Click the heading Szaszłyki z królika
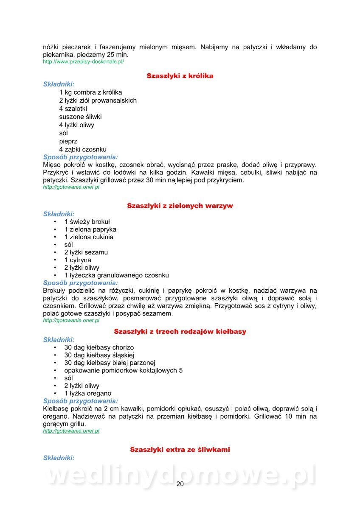tap(180, 76)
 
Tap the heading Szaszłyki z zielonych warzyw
tap(180, 206)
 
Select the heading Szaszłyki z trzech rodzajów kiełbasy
tap(180, 331)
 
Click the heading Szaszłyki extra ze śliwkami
tap(180, 449)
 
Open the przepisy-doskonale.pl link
tap(84, 62)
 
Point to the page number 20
tap(180, 484)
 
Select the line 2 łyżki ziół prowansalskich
tap(98, 101)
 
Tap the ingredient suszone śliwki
tap(80, 117)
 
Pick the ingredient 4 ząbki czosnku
tap(83, 149)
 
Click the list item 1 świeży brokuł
tap(87, 221)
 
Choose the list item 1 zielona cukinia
tap(89, 237)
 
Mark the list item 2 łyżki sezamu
tap(86, 252)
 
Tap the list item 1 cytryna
tap(77, 260)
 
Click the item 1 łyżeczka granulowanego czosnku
tap(116, 275)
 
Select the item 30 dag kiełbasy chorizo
tap(99, 347)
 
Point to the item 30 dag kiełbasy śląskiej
tap(99, 355)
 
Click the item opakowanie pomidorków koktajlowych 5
tap(123, 370)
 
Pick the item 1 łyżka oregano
tap(87, 393)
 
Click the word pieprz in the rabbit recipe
tap(68, 141)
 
